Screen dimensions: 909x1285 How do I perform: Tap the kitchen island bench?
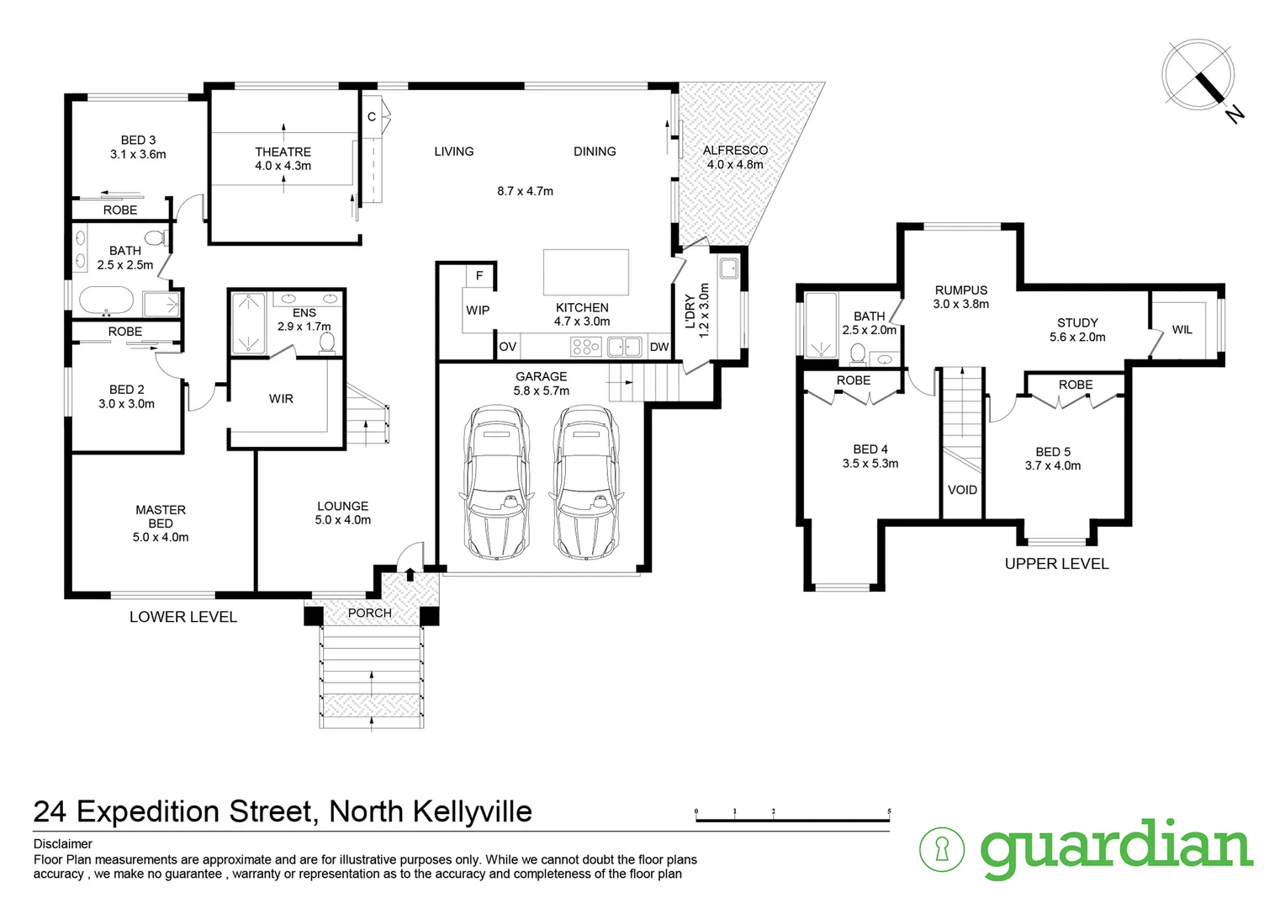pyautogui.click(x=585, y=272)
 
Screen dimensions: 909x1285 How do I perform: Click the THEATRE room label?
pyautogui.click(x=283, y=152)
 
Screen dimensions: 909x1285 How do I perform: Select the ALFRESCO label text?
pyautogui.click(x=735, y=151)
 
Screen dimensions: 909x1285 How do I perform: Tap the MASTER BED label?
pyautogui.click(x=161, y=516)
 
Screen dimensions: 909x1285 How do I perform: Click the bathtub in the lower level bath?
pyautogui.click(x=106, y=300)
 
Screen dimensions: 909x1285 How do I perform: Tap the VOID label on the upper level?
pyautogui.click(x=962, y=490)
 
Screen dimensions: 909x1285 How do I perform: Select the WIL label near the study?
pyautogui.click(x=1182, y=330)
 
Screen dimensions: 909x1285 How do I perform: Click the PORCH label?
pyautogui.click(x=370, y=613)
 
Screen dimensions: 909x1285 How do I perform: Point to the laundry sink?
pyautogui.click(x=728, y=268)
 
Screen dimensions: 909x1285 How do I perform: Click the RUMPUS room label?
pyautogui.click(x=960, y=290)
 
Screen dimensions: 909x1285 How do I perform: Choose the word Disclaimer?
pyautogui.click(x=63, y=844)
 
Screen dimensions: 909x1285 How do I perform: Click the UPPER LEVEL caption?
pyautogui.click(x=1056, y=564)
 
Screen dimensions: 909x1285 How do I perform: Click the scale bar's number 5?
pyautogui.click(x=889, y=812)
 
